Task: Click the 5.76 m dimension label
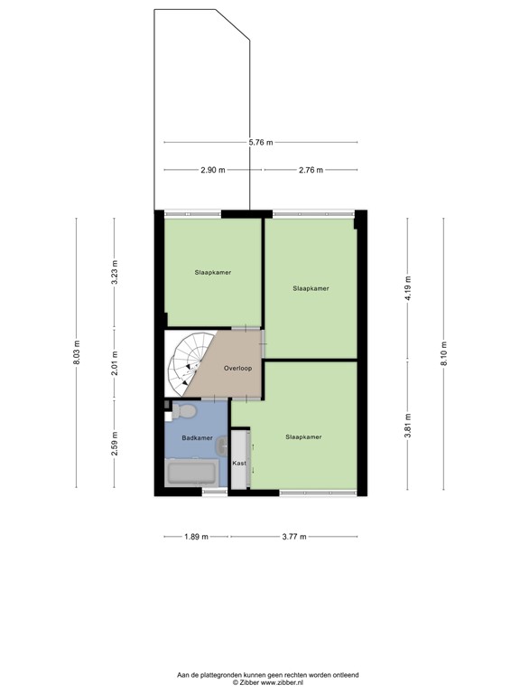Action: pos(261,143)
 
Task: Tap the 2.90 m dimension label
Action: pos(213,170)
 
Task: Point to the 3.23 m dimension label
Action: pos(115,272)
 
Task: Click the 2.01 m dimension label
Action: pos(115,362)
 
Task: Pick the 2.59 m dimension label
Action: pos(115,444)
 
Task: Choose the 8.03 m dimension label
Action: pos(78,353)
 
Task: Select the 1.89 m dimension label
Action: pos(196,537)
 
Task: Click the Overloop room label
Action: pos(238,369)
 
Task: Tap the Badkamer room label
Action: pos(197,437)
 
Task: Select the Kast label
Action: pos(239,464)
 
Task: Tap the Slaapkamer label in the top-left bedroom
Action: pos(212,271)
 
